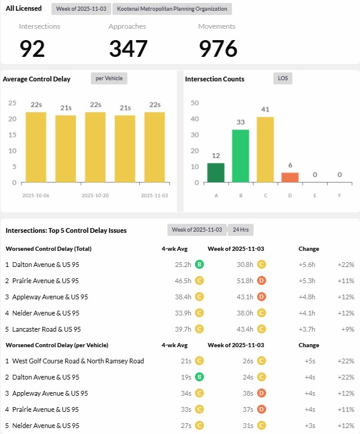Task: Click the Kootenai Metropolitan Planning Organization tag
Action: point(172,9)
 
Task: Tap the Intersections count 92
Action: point(32,48)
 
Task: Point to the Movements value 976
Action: point(218,48)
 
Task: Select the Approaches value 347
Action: point(129,48)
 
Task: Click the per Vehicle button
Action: point(109,78)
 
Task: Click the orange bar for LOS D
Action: point(289,177)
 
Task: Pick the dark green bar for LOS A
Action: point(216,172)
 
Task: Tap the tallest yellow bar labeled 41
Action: point(265,150)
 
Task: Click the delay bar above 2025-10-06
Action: point(36,147)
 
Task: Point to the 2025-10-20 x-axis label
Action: point(95,195)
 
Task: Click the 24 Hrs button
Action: point(241,230)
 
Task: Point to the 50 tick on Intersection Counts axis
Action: point(194,102)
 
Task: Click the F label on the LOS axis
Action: point(339,195)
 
